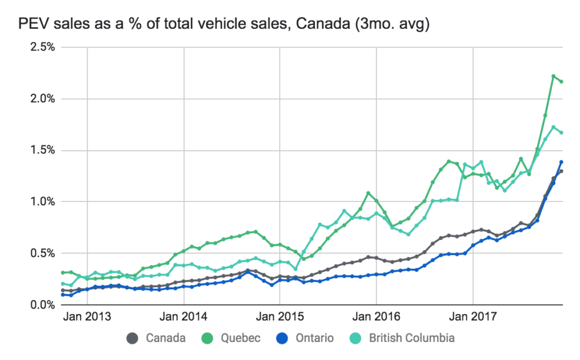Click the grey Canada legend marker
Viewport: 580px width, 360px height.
coord(132,338)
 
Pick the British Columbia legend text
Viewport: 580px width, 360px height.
coord(412,338)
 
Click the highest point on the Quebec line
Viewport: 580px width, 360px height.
coord(553,76)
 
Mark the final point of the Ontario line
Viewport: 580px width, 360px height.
coord(561,162)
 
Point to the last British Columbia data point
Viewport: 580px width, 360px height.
coord(561,132)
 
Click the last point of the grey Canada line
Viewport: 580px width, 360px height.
coord(561,171)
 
